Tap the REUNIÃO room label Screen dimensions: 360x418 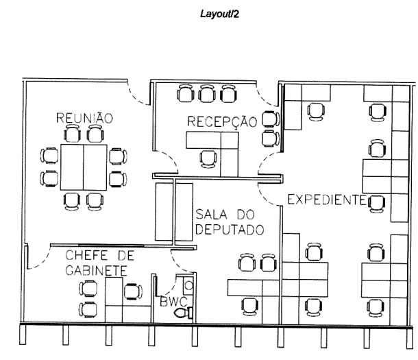84,118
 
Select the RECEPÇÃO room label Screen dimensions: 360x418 222,121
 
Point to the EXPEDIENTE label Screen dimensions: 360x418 325,200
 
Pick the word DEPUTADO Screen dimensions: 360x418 229,230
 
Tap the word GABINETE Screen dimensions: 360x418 95,270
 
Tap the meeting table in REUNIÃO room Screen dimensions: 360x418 83,167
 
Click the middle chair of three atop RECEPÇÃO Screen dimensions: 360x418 208,93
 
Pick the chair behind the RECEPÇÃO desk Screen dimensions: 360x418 208,159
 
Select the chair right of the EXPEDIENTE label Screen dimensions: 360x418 376,202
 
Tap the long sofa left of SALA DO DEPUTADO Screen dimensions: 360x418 164,211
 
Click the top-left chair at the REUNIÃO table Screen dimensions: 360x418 50,155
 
